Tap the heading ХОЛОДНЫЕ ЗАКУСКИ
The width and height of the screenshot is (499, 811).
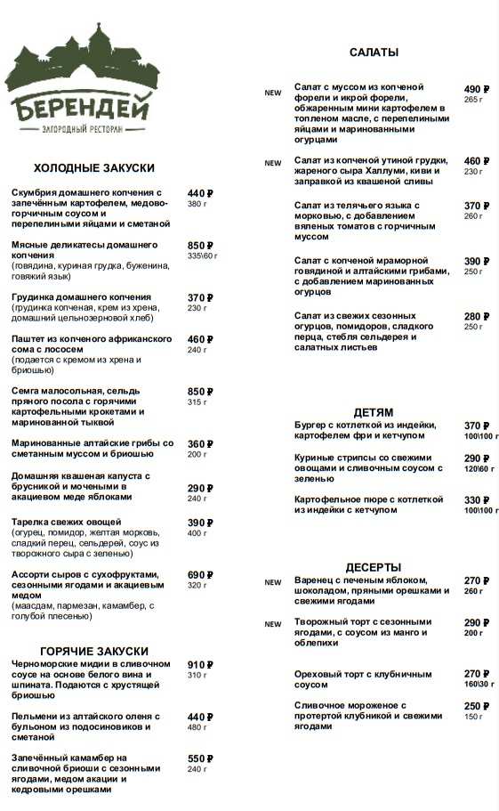[x=94, y=168]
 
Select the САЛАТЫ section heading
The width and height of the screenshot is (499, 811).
[x=374, y=53]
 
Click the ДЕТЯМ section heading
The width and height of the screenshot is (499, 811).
[x=373, y=413]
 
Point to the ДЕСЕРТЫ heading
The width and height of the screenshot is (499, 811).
[x=373, y=567]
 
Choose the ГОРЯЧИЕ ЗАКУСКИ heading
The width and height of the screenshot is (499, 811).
[x=94, y=652]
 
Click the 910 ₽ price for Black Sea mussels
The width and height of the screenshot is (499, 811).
[x=200, y=665]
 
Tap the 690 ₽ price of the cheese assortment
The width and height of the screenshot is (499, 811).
[x=200, y=575]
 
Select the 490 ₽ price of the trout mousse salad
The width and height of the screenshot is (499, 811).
[x=478, y=89]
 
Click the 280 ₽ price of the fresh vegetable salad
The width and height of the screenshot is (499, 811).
[x=478, y=317]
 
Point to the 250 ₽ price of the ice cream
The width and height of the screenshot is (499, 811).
[x=478, y=706]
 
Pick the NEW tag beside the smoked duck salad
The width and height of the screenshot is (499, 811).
[x=273, y=164]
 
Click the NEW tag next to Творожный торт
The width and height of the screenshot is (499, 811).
[x=273, y=625]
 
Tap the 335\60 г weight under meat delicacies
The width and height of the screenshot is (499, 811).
[x=202, y=256]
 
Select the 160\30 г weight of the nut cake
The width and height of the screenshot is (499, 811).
[x=481, y=685]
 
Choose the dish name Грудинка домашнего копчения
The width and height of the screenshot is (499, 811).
[x=81, y=297]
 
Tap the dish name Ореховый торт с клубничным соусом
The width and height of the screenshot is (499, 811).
[x=363, y=679]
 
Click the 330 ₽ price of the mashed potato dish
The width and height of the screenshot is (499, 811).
[x=478, y=500]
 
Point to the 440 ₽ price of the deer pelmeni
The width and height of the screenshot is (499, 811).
[x=200, y=717]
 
